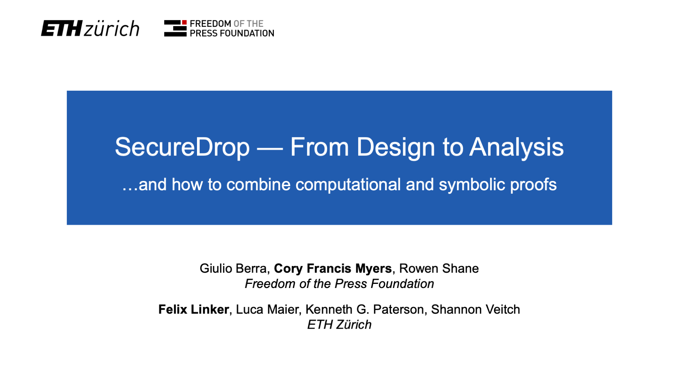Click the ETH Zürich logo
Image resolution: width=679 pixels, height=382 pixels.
point(90,28)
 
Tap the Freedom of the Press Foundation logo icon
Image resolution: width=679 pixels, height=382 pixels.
point(175,28)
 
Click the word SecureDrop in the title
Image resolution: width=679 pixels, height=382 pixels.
point(182,147)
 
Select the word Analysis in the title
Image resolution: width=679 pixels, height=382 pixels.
point(516,147)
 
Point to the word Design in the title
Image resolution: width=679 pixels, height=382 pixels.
point(396,147)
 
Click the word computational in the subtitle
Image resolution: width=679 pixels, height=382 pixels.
point(348,185)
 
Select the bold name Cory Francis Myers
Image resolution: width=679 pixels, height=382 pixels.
point(333,269)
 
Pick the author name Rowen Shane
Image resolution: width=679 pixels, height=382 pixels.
point(439,269)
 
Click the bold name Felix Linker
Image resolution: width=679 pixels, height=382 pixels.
point(194,310)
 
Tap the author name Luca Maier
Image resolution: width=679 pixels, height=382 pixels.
point(267,310)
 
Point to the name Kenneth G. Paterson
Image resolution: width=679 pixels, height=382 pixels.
point(364,310)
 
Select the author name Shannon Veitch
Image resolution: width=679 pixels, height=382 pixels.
point(475,310)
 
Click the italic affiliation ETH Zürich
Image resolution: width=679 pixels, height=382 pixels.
point(339,325)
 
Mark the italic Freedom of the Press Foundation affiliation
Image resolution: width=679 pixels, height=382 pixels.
point(339,284)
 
